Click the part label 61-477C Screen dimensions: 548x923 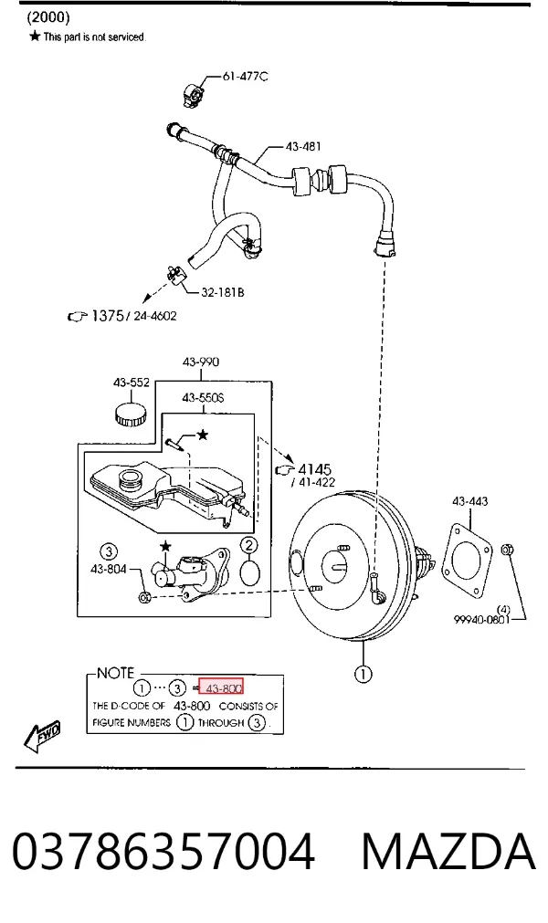245,76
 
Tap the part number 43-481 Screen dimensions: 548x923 303,146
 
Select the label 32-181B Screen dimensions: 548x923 223,292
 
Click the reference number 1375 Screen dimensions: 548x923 108,316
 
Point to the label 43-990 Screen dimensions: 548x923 201,362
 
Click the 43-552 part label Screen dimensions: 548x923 132,383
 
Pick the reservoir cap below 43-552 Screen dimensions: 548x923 130,414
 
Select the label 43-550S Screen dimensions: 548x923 203,398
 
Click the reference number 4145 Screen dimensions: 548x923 315,469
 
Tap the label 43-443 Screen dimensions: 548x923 469,501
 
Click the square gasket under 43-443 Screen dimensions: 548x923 467,560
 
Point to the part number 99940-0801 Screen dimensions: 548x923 481,619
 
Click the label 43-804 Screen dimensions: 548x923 109,569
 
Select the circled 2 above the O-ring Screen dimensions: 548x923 249,545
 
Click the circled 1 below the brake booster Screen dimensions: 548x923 364,674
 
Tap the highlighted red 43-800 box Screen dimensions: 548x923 221,687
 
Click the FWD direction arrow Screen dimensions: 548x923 42,736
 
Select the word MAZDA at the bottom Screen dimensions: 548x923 448,852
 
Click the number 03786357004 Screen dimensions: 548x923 163,852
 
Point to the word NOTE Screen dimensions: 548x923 115,673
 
